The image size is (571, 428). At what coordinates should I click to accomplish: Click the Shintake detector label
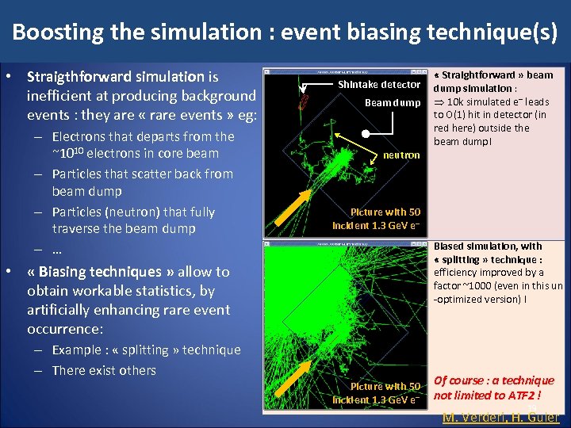[379, 84]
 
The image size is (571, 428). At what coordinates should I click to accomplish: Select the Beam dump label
[393, 102]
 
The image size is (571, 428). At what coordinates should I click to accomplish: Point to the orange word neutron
[401, 155]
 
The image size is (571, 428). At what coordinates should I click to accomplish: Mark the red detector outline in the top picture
[302, 101]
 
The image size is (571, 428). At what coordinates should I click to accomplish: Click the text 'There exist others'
[104, 371]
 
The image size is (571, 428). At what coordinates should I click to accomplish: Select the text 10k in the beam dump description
[458, 101]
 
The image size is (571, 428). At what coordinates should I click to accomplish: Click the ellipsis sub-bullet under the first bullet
[57, 249]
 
